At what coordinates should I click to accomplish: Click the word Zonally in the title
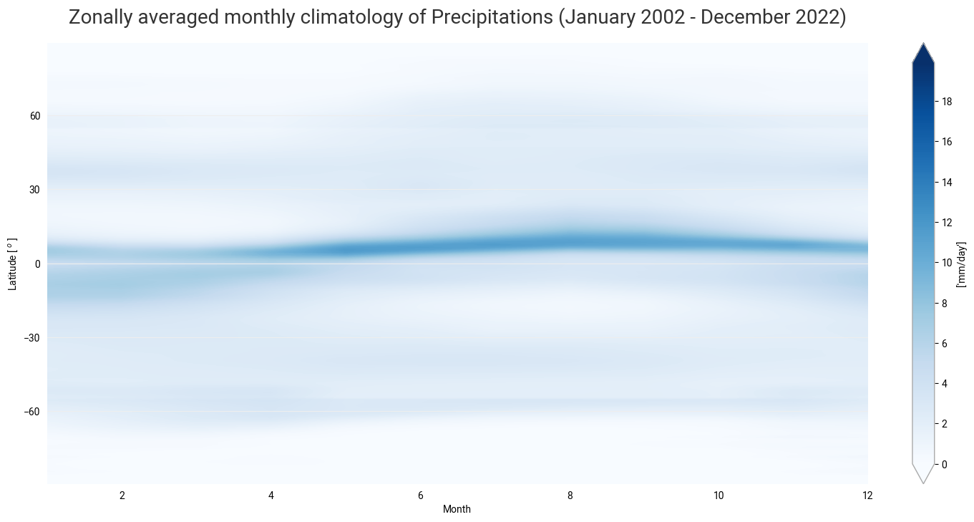point(102,19)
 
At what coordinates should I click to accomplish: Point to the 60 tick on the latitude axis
point(34,116)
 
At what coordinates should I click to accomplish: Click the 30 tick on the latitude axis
point(34,190)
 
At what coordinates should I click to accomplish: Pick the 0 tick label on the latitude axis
point(37,264)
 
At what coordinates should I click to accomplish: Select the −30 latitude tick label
point(31,338)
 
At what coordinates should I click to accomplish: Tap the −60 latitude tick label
point(31,412)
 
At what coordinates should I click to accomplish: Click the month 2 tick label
point(122,496)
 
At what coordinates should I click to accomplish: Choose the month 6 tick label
point(421,496)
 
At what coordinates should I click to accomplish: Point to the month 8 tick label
point(570,496)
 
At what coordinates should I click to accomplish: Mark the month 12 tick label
point(867,496)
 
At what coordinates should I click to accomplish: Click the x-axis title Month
point(457,509)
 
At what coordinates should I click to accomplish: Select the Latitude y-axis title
point(12,264)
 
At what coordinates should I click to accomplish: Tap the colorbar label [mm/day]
point(963,264)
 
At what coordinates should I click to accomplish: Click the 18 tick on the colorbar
point(947,102)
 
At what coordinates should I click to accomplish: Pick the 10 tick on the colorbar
point(947,263)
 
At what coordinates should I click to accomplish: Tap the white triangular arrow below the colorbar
point(923,473)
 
